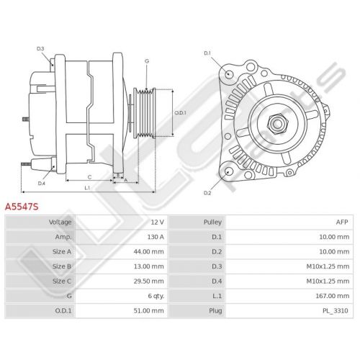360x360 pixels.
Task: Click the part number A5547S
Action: tap(22, 207)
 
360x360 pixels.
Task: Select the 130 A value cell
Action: tap(156, 237)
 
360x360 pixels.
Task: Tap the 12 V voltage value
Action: tap(158, 222)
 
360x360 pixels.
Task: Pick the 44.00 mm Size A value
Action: tap(149, 251)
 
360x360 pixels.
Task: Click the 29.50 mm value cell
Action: tap(149, 281)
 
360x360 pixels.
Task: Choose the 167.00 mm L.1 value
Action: tap(333, 296)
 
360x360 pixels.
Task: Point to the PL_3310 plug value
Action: tap(336, 311)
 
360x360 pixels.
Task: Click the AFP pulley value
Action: tap(342, 222)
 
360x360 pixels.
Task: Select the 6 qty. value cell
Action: tap(156, 296)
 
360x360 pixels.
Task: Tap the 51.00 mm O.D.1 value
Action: tap(149, 310)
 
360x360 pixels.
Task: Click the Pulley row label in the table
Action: tap(212, 222)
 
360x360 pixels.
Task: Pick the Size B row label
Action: tap(62, 266)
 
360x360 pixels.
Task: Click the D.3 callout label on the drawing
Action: tap(40, 49)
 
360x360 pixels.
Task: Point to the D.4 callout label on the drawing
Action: tap(42, 184)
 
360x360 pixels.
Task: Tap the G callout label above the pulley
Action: tap(147, 61)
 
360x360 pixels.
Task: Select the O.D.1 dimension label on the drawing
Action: tap(180, 112)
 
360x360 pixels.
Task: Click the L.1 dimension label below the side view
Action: tap(87, 188)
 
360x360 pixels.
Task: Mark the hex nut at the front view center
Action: tap(277, 124)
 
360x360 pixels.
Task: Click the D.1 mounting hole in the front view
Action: tap(229, 73)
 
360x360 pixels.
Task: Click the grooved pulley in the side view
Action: tap(145, 113)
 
